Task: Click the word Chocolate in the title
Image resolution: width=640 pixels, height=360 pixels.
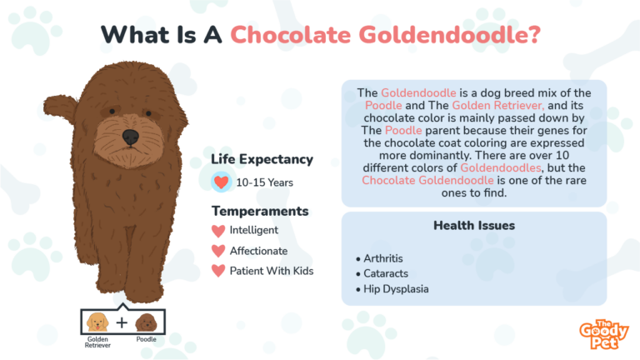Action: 291,35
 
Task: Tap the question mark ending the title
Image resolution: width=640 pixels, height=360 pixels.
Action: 532,34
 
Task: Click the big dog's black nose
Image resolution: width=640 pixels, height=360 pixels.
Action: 131,137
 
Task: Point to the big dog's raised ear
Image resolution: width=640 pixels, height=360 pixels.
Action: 60,108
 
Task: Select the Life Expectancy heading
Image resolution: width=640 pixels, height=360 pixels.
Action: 262,160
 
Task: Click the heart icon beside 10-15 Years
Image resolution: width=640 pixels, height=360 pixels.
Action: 221,182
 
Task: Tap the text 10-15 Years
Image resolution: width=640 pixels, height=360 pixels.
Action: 264,182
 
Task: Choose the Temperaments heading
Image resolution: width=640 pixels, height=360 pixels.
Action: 260,211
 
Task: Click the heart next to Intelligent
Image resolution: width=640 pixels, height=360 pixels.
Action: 218,231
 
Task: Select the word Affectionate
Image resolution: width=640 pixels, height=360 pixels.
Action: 259,251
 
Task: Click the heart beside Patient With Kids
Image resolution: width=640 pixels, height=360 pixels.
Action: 218,271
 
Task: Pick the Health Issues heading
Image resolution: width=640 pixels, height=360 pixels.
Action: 474,225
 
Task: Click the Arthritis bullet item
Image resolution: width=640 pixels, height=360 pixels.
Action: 380,258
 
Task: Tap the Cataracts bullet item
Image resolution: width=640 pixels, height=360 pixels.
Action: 382,273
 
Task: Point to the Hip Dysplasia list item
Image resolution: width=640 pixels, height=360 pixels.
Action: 392,289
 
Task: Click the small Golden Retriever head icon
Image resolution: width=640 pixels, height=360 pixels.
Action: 97,322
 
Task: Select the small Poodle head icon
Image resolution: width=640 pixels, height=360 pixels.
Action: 146,322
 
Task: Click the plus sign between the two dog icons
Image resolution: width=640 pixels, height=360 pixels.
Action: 122,322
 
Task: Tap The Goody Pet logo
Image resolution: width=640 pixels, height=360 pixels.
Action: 604,334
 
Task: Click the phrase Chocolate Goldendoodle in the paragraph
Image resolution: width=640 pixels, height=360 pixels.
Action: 427,180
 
